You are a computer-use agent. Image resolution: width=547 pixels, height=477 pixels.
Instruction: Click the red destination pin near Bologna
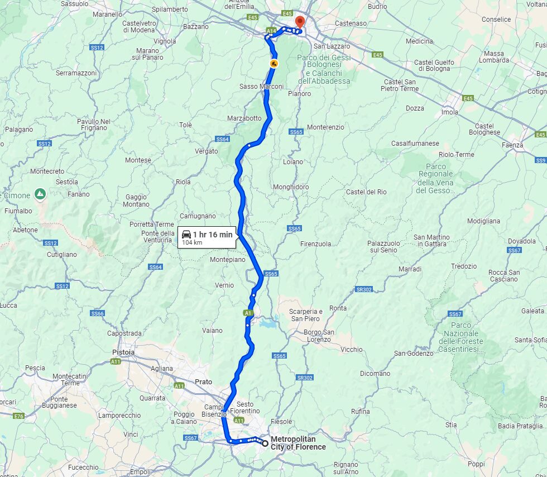tap(299, 22)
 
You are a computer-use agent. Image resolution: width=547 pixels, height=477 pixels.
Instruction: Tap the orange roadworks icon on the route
tap(273, 64)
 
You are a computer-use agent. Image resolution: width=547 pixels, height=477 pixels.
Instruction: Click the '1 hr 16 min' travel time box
tap(207, 237)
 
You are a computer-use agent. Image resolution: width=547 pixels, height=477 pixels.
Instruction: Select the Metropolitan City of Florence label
tap(298, 443)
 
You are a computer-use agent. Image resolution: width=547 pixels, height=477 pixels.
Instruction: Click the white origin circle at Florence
tap(265, 443)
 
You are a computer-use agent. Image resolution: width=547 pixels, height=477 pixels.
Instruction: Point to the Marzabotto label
tap(244, 118)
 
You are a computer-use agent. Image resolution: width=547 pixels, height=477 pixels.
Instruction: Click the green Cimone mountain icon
tap(40, 194)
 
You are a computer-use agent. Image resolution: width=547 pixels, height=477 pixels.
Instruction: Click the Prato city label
tap(203, 381)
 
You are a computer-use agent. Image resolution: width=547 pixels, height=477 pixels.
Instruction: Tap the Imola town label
tap(449, 112)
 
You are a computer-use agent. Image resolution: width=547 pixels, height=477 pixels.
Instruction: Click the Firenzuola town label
tap(315, 244)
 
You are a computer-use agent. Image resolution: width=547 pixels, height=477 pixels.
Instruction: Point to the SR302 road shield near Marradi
tap(363, 289)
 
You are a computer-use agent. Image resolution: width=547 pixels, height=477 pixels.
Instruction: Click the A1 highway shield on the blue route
tap(248, 313)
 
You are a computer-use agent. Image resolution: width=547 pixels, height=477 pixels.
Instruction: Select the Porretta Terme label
tap(151, 225)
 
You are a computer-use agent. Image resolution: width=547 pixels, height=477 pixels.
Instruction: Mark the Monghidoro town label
tap(290, 187)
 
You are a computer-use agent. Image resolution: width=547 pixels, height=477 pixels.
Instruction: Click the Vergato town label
tap(206, 151)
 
